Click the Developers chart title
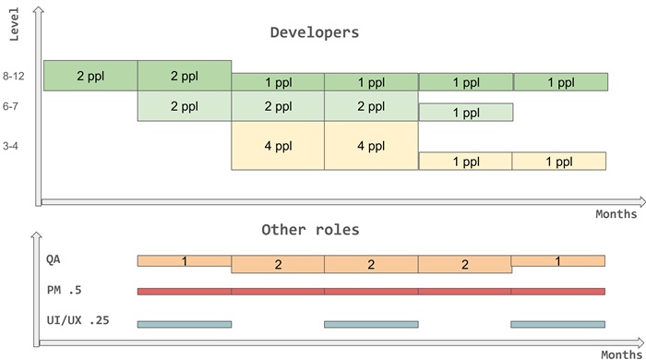coord(314,32)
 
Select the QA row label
coord(55,259)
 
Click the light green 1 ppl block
coord(466,113)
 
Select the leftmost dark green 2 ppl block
coord(90,76)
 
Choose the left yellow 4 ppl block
coord(278,145)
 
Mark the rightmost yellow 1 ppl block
coord(559,161)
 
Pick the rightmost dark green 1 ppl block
coord(560,82)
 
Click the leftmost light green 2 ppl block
coord(185,106)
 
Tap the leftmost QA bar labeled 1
coord(185,261)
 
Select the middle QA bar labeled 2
coord(371,265)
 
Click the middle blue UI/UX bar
coord(371,324)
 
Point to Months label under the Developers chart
coord(616,214)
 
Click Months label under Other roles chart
coord(619,354)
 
